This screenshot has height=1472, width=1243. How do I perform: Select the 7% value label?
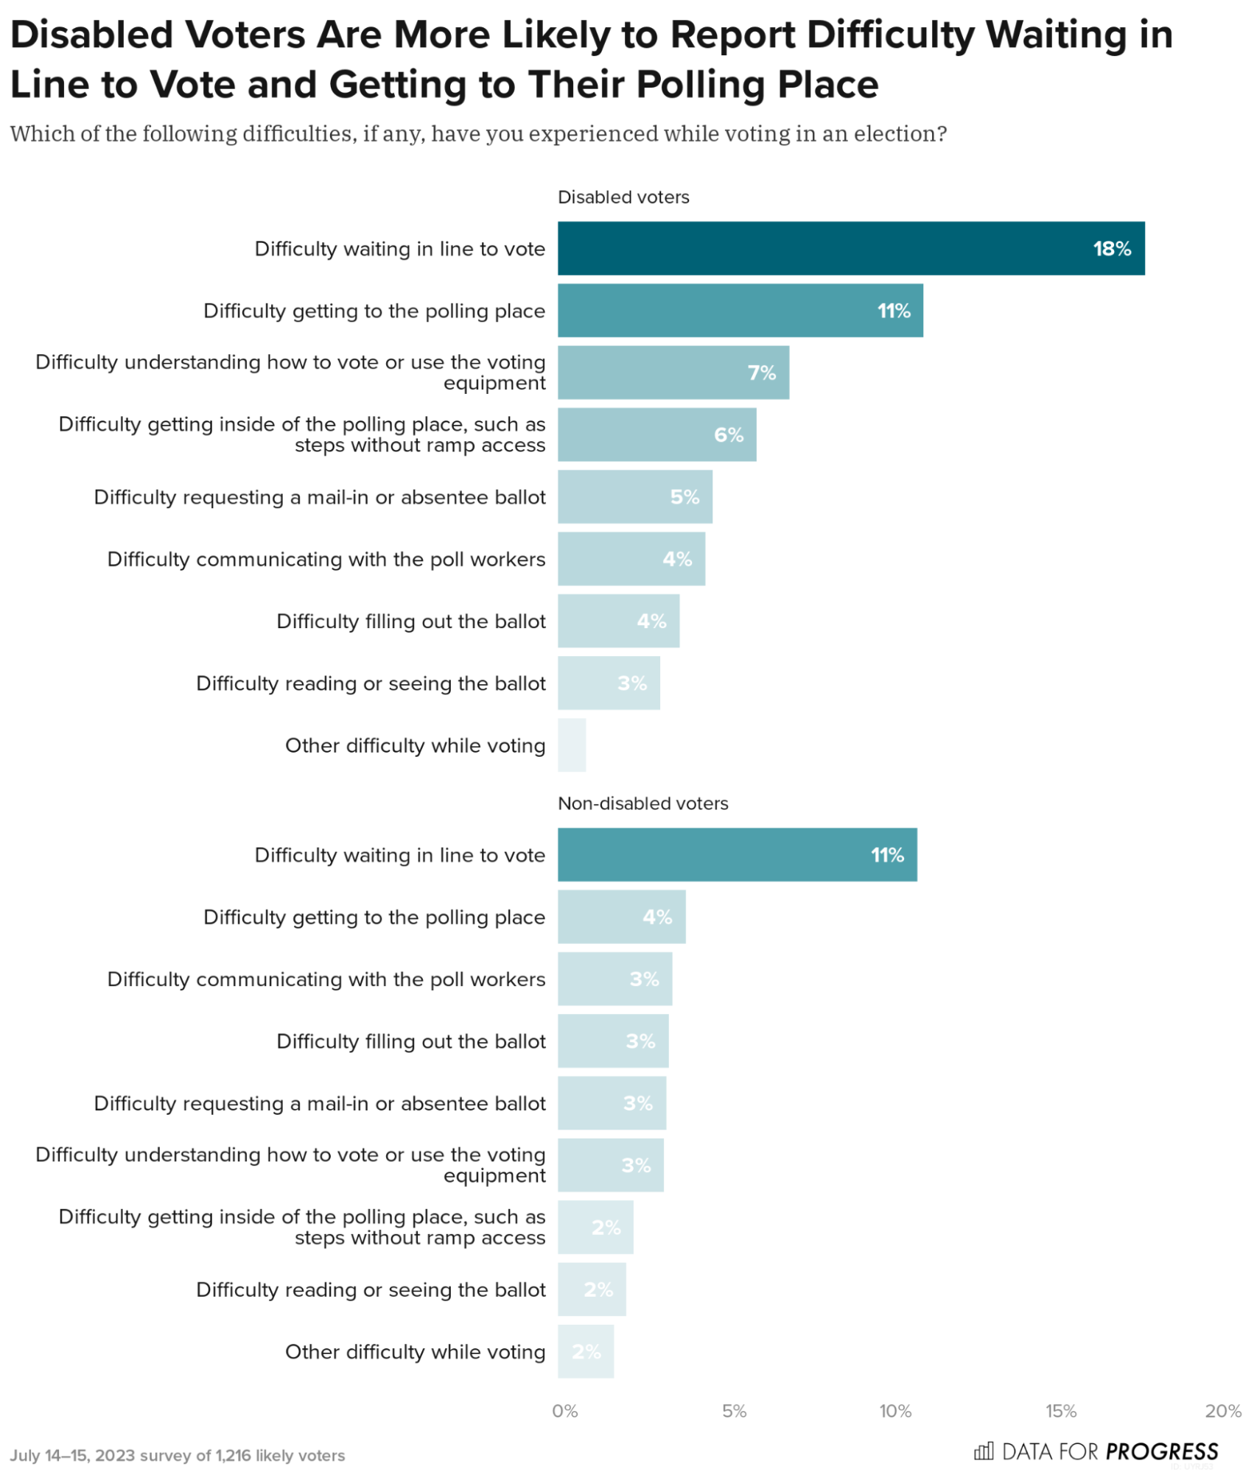click(x=760, y=373)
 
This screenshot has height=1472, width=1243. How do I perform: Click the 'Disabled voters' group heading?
click(x=623, y=197)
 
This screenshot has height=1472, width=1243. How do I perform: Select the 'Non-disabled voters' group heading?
click(x=642, y=803)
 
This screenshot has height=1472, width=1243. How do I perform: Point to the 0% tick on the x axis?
click(x=564, y=1410)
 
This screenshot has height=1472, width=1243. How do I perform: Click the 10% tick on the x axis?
click(x=894, y=1410)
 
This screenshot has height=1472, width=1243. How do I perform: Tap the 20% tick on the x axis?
click(x=1222, y=1410)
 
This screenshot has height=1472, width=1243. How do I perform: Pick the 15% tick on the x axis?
click(x=1060, y=1410)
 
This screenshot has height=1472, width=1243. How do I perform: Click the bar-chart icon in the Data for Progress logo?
click(x=983, y=1451)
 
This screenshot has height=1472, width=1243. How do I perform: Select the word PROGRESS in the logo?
click(x=1160, y=1451)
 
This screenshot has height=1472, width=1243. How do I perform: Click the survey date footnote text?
click(x=177, y=1455)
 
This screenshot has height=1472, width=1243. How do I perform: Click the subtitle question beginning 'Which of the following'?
click(x=477, y=134)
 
